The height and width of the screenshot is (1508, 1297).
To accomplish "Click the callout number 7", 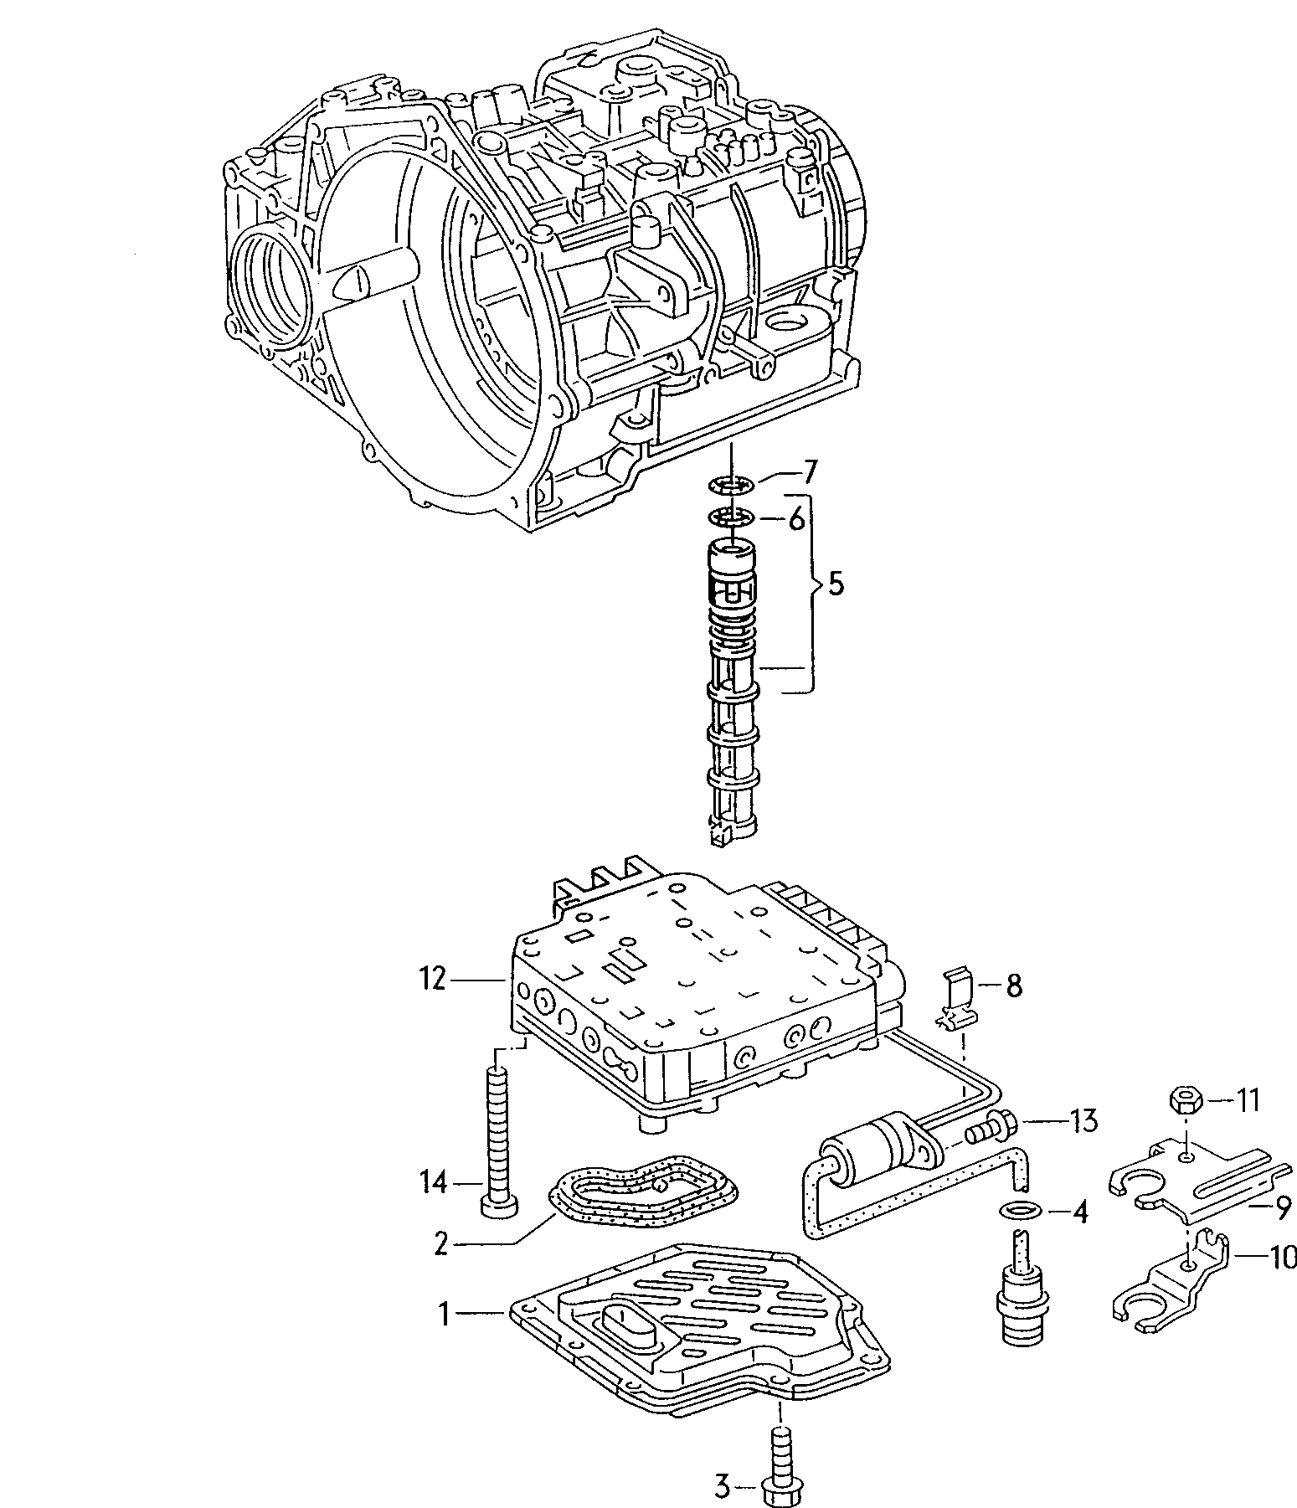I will click(808, 473).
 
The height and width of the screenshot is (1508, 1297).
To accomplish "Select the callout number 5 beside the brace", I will click(836, 584).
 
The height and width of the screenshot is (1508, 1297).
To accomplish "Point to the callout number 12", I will click(433, 979).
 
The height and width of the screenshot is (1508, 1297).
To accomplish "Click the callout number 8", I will click(1013, 986).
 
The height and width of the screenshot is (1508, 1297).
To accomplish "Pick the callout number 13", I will click(1083, 1119).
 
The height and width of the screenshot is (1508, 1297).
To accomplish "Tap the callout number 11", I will click(1248, 1099).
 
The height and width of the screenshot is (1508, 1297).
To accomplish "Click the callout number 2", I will click(442, 1244).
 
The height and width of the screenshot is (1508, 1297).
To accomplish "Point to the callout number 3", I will click(722, 1487).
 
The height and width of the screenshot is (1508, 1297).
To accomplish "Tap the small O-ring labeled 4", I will click(1016, 1210).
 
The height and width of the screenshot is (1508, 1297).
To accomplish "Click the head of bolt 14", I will click(498, 1205).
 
